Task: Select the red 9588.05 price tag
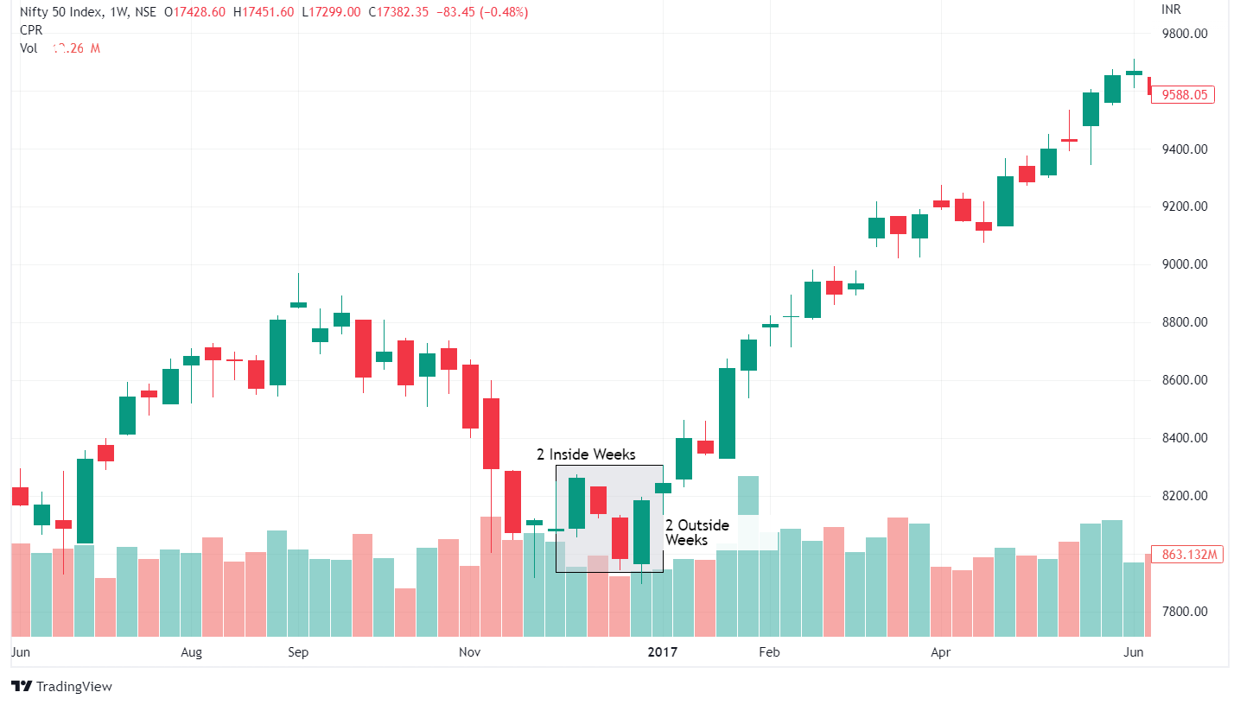pos(1185,95)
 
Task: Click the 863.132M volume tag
pos(1188,555)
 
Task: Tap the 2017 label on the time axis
pos(663,652)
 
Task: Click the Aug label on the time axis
pos(191,652)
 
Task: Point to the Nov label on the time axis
pos(469,652)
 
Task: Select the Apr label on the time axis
pos(940,652)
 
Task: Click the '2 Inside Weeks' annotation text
pos(586,454)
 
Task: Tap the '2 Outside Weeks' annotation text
pos(696,532)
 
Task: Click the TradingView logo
pos(61,686)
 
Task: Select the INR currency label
pos(1171,10)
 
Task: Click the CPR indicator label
pos(31,30)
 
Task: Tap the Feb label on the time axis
pos(768,652)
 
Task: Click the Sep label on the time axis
pos(298,652)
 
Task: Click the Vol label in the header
pos(29,48)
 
